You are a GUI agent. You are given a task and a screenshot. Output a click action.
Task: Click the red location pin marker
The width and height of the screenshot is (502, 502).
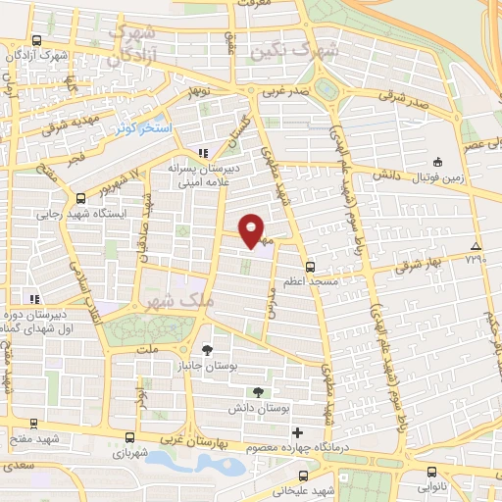pyautogui.click(x=252, y=229)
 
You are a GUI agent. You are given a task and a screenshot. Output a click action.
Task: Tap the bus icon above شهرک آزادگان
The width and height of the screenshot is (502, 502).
pyautogui.click(x=36, y=41)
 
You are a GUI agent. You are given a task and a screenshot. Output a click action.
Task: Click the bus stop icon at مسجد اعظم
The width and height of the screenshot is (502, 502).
pyautogui.click(x=310, y=266)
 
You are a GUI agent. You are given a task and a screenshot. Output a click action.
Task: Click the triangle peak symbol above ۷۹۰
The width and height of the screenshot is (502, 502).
pyautogui.click(x=476, y=245)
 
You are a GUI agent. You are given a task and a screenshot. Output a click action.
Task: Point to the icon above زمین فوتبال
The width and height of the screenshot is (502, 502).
pyautogui.click(x=437, y=162)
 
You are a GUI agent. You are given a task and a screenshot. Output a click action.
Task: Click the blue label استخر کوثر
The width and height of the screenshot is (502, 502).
pyautogui.click(x=143, y=129)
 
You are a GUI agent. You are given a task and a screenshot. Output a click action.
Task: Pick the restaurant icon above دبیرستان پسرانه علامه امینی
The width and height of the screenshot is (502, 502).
pyautogui.click(x=203, y=153)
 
